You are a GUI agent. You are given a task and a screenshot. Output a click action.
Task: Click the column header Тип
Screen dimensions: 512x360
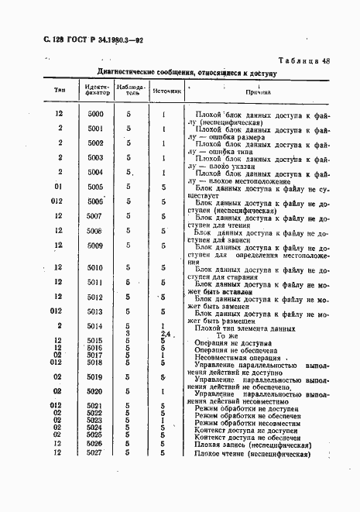tap(60, 90)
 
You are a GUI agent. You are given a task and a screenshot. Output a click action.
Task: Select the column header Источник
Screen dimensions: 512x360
tap(166, 91)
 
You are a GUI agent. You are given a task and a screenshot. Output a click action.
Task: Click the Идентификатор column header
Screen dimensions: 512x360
tap(96, 90)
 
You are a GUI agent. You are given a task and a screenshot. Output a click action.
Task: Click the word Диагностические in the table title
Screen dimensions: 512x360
tap(115, 72)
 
